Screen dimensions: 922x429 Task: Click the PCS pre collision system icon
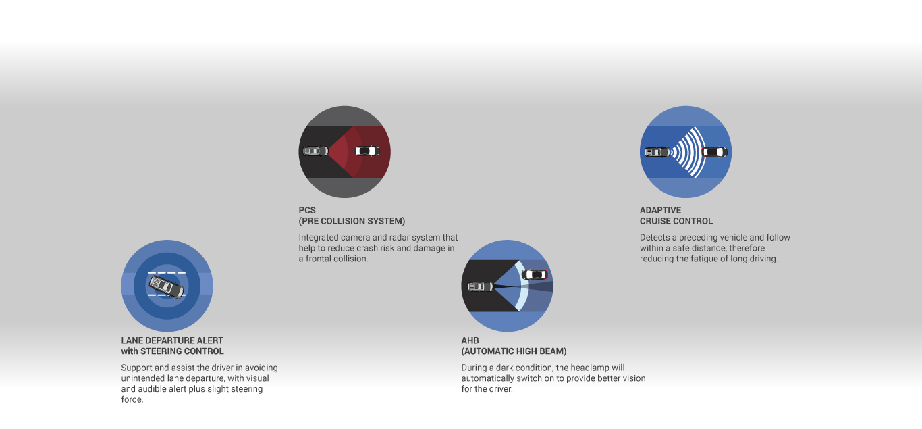[x=344, y=151]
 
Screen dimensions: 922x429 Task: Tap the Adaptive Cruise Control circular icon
[x=686, y=151]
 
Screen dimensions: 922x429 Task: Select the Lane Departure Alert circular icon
[x=167, y=286]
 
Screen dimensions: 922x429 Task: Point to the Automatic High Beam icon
[x=507, y=286]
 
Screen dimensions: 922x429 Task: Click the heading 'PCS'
[x=307, y=210]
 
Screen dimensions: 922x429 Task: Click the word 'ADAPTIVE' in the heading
[x=660, y=210]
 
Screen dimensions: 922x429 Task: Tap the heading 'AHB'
[x=470, y=340]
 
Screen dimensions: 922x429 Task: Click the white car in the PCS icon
[x=367, y=151]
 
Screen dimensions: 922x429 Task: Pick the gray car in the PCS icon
[x=316, y=151]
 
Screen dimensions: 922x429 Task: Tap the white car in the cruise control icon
[x=715, y=152]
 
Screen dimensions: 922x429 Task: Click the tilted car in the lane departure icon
[x=167, y=286]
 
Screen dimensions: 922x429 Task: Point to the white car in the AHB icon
[x=535, y=274]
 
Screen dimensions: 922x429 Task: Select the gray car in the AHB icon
[x=481, y=286]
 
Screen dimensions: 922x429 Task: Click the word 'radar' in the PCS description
[x=398, y=237]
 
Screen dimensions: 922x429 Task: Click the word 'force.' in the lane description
[x=132, y=399]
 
